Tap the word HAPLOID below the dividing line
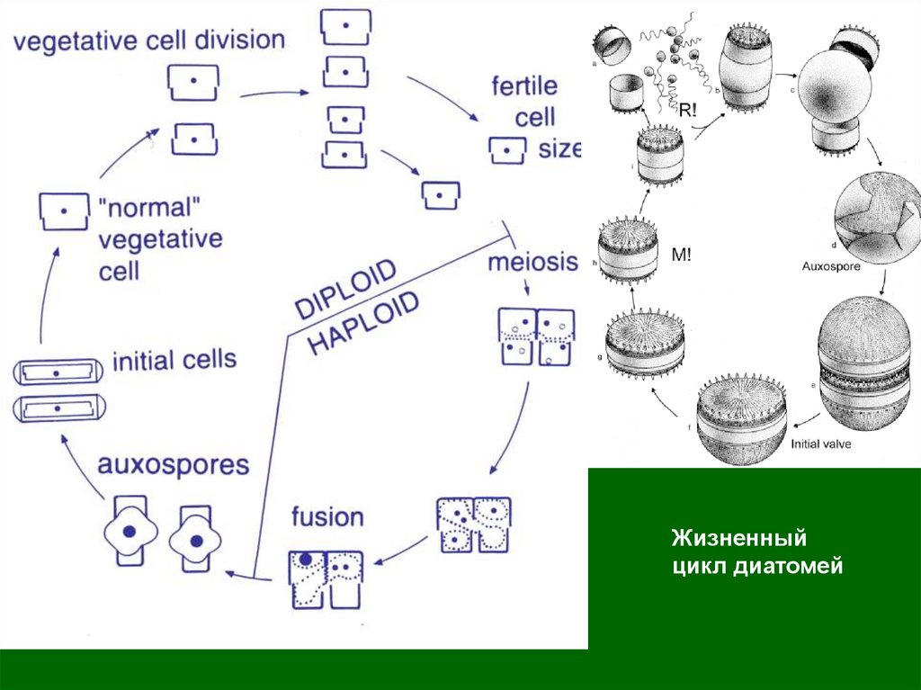point(364,323)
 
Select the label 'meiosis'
point(532,263)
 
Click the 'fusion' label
point(327,517)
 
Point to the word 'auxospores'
point(174,465)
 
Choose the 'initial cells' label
point(174,362)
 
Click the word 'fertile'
point(524,87)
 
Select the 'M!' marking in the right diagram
point(680,255)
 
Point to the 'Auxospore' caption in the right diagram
point(831,266)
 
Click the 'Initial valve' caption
point(822,444)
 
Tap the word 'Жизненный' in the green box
point(738,539)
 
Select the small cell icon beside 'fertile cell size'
point(506,149)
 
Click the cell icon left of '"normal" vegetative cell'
point(64,210)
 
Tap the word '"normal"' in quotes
point(149,209)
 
